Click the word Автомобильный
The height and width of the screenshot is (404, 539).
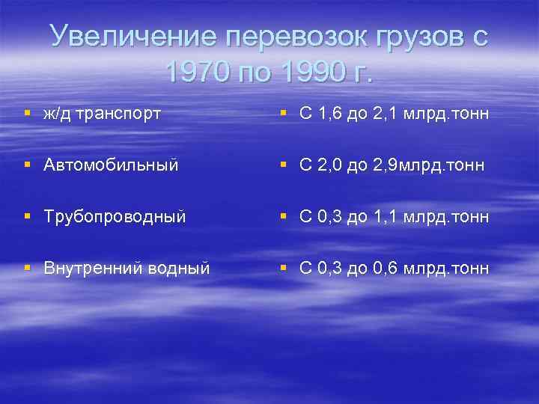pos(110,165)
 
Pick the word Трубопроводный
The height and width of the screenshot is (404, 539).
pos(115,216)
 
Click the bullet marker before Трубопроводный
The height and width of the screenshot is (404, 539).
pos(27,216)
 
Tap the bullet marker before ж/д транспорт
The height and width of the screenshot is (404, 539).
pos(27,114)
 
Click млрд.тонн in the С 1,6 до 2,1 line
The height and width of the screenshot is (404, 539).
pos(446,114)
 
